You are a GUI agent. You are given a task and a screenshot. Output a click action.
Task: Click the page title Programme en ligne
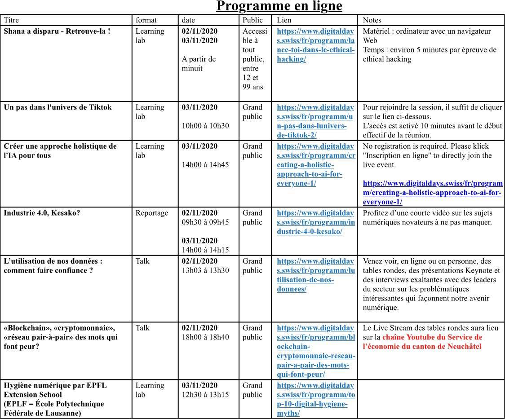(279, 6)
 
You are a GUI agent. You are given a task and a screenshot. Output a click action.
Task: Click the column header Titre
(12, 20)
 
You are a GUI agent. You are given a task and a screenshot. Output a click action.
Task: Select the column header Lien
(284, 20)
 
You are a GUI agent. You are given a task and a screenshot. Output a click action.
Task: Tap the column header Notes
(372, 20)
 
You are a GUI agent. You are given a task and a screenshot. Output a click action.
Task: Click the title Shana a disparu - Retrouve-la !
(57, 31)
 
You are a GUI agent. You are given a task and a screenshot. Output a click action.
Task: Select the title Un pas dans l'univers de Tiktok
(58, 107)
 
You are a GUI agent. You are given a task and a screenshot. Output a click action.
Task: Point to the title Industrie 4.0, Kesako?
(42, 213)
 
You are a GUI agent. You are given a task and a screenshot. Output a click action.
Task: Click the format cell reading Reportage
(152, 213)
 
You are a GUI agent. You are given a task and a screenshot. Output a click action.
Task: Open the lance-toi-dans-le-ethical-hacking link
(315, 45)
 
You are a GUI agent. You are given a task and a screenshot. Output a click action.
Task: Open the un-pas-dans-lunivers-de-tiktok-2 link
(315, 121)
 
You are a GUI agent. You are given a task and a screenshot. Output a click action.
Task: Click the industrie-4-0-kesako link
(315, 222)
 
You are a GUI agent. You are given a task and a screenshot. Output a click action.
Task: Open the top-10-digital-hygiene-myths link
(315, 399)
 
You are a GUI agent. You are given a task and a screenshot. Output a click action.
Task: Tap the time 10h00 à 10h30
(205, 126)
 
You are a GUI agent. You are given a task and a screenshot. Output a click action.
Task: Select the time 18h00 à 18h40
(205, 337)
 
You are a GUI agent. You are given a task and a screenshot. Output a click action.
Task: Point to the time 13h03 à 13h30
(205, 270)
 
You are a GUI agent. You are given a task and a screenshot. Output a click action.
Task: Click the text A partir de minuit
(199, 64)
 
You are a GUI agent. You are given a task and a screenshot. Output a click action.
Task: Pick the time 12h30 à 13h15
(205, 395)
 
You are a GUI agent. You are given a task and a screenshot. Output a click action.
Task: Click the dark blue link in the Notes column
(432, 193)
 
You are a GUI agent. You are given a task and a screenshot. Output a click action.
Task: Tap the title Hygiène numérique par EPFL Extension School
(55, 390)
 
